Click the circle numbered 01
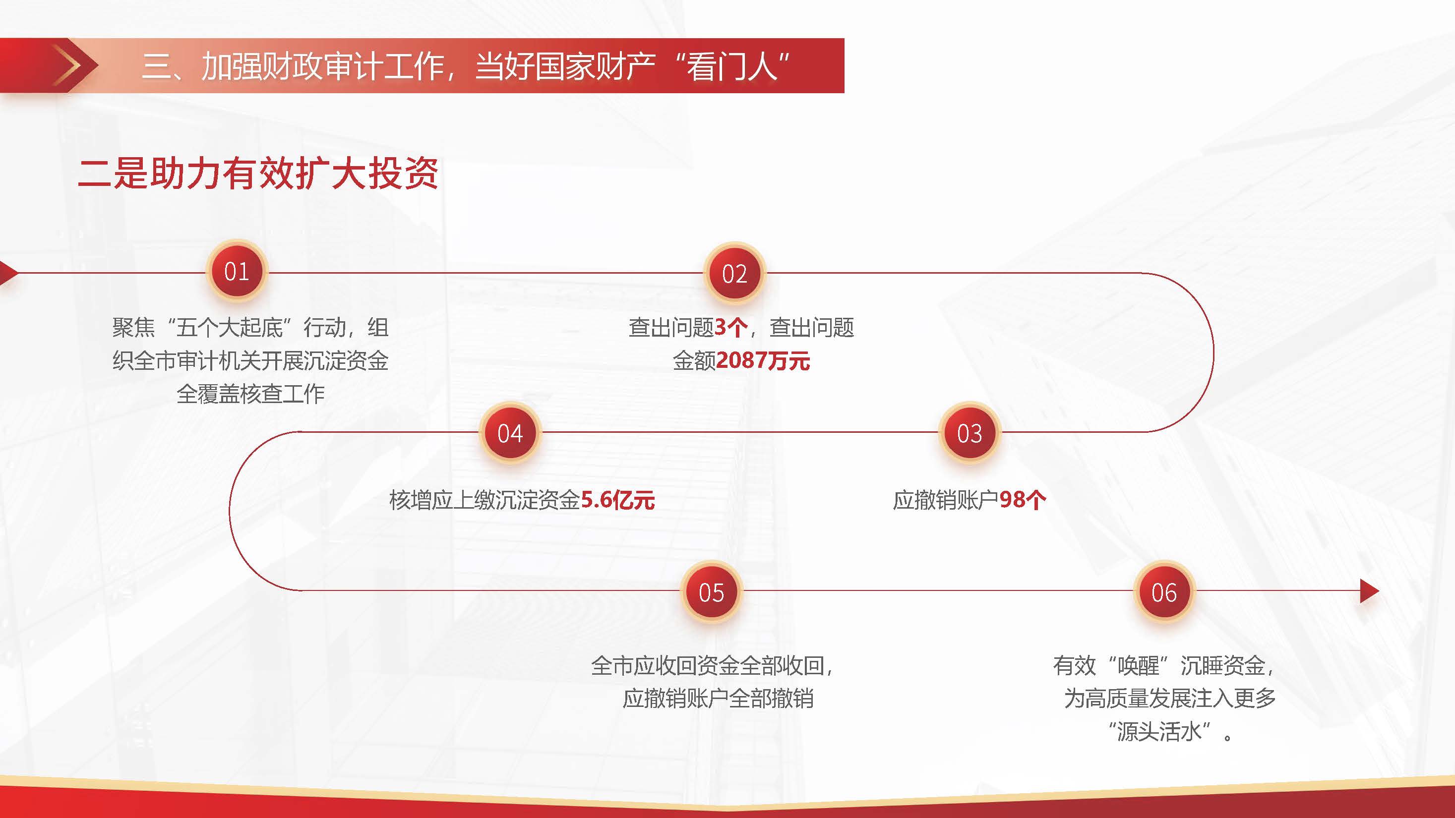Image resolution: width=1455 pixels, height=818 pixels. [237, 272]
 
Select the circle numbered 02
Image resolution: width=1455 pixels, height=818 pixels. [734, 274]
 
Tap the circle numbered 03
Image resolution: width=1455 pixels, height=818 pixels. [969, 433]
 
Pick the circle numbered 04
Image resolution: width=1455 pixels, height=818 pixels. [510, 433]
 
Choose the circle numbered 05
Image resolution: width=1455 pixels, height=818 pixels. [711, 592]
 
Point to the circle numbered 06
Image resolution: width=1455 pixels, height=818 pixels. [1164, 592]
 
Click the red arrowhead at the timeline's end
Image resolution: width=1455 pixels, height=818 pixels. [1369, 591]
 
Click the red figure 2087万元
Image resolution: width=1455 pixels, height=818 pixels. [763, 361]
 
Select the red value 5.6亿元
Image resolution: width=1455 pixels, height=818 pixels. [618, 500]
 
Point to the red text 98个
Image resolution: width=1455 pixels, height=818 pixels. [1023, 500]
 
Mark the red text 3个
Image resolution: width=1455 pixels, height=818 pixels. [731, 327]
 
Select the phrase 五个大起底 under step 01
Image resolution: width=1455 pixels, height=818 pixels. [229, 327]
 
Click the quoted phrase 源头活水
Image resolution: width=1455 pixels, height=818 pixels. [1159, 732]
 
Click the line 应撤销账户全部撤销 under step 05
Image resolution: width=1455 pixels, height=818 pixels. [718, 699]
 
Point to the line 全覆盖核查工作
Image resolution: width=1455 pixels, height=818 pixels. [251, 394]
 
